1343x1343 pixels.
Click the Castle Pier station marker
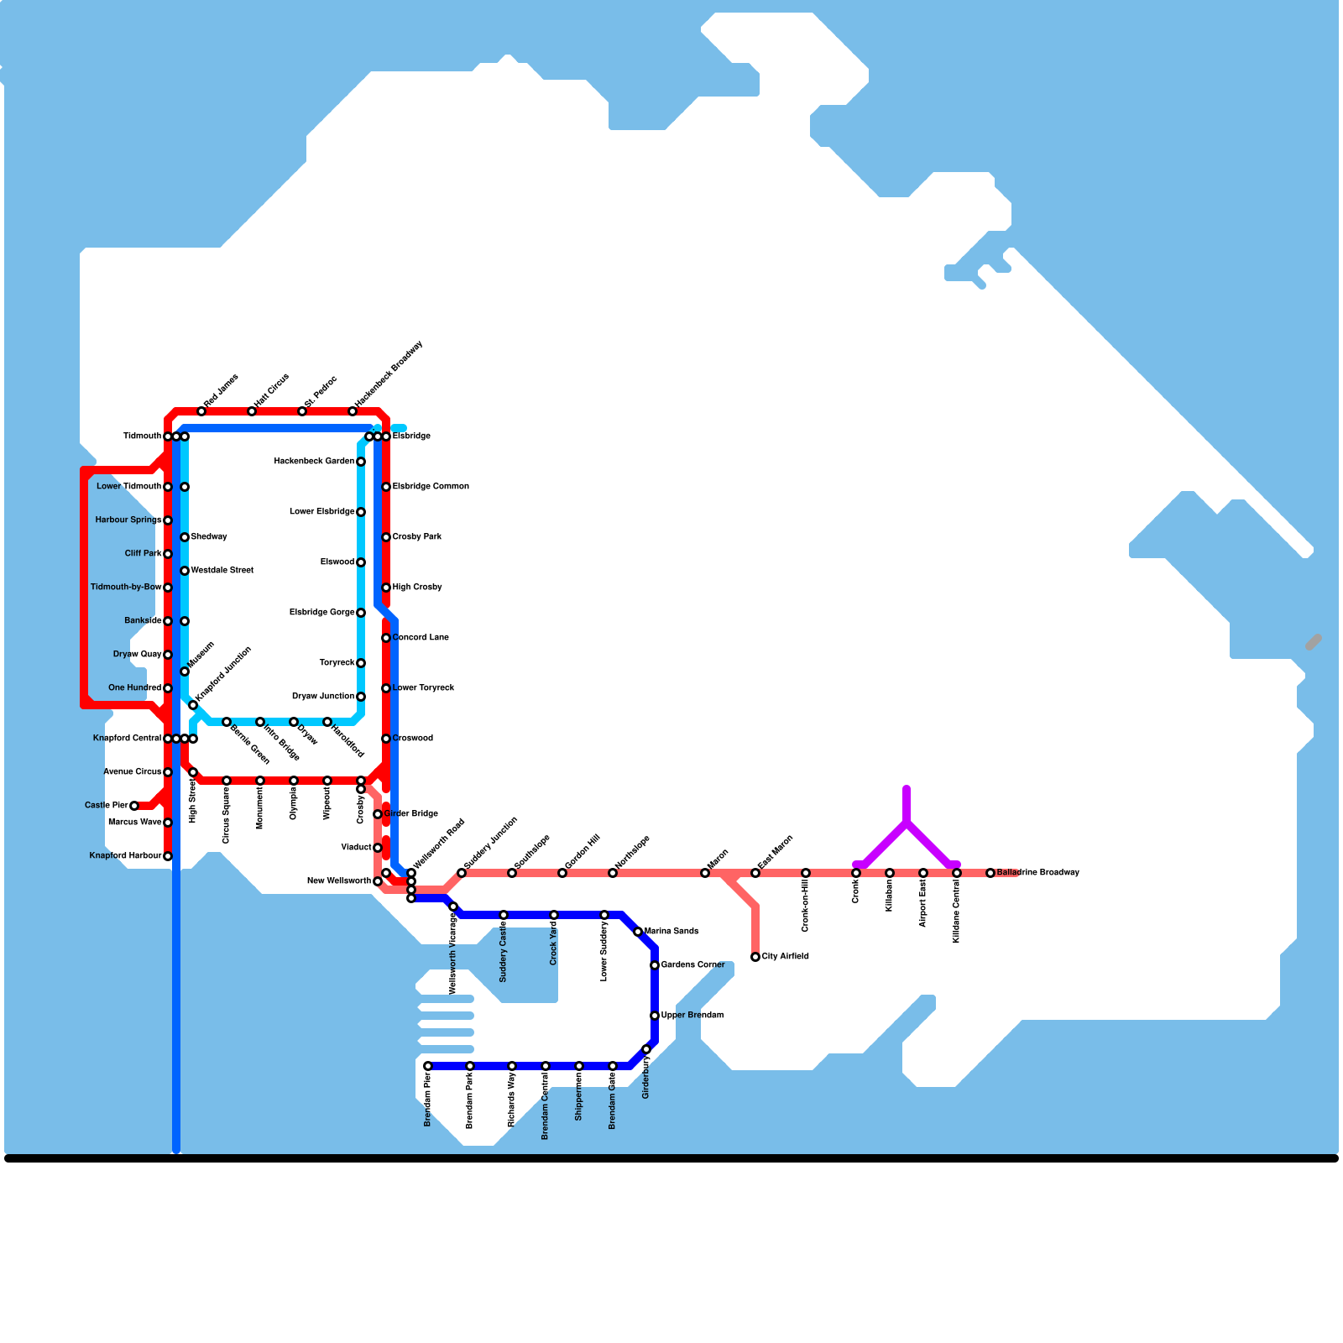tap(134, 806)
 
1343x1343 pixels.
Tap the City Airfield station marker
tap(755, 957)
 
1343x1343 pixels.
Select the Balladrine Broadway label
tap(1037, 873)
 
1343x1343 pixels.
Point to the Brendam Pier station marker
tap(428, 1066)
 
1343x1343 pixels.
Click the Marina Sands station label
tap(671, 932)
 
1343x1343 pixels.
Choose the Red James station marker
tap(201, 411)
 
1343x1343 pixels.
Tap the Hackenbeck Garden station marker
tap(361, 462)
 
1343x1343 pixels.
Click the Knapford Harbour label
tap(125, 856)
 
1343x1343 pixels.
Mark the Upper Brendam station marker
tap(655, 1016)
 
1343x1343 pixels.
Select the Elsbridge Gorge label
tap(322, 613)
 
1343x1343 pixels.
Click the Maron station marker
tap(705, 873)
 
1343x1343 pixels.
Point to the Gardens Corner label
tap(692, 965)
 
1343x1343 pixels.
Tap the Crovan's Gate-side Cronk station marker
tap(856, 873)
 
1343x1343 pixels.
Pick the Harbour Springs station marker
tap(168, 520)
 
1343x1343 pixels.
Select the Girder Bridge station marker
tap(378, 814)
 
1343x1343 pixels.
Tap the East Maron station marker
tap(755, 873)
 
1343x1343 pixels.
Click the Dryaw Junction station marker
tap(361, 697)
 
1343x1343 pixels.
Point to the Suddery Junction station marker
tap(462, 873)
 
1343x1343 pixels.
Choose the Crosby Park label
tap(417, 537)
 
